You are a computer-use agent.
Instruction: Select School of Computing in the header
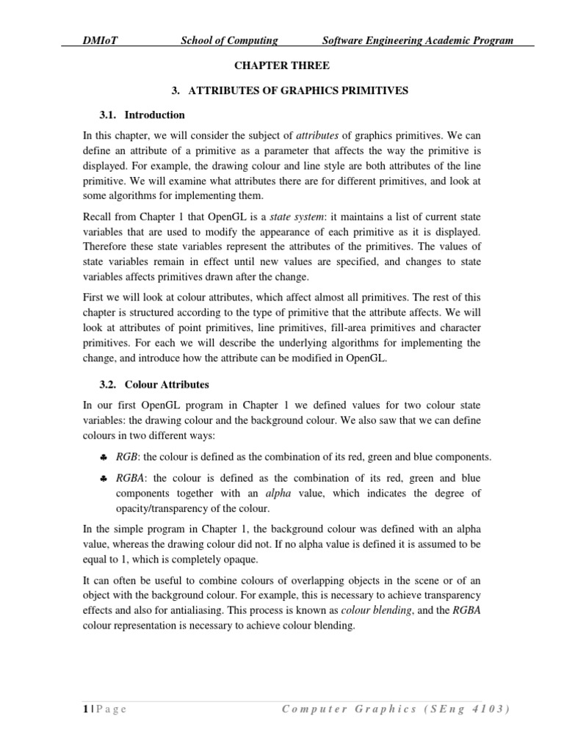(229, 40)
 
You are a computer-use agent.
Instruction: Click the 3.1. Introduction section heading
(142, 115)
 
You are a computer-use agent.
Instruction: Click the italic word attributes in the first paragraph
(319, 136)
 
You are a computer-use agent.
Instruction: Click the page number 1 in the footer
(85, 709)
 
